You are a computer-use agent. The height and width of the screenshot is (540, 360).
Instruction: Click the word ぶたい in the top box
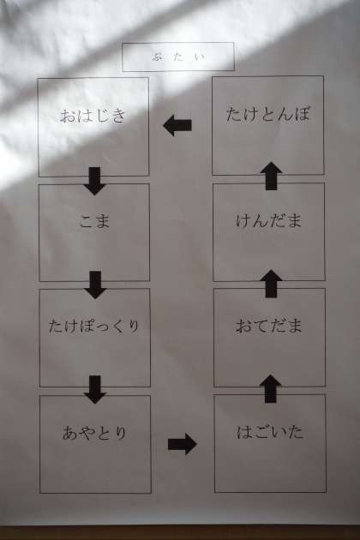[x=178, y=57]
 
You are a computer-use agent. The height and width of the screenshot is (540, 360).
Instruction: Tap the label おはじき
[x=93, y=116]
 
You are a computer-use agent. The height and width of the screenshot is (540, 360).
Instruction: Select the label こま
[x=94, y=221]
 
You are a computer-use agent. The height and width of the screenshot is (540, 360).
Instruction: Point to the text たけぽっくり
[x=93, y=326]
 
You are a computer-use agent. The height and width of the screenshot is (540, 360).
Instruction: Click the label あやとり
[x=94, y=433]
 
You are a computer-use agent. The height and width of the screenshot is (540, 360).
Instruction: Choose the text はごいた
[x=270, y=432]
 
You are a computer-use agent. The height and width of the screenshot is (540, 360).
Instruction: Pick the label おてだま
[x=269, y=326]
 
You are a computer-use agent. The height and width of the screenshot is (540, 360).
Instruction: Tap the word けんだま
[x=268, y=221]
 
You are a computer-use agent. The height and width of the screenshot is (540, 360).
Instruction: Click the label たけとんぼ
[x=268, y=114]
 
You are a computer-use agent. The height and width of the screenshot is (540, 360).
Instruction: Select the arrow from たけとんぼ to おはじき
[x=177, y=125]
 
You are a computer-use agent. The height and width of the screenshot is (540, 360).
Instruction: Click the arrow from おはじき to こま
[x=94, y=181]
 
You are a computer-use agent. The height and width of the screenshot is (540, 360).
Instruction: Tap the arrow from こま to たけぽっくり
[x=95, y=285]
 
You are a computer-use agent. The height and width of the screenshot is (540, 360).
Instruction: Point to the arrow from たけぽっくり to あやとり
[x=95, y=389]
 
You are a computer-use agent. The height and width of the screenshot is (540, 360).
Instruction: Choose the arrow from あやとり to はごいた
[x=183, y=444]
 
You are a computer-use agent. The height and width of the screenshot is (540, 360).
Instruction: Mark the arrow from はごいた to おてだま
[x=271, y=389]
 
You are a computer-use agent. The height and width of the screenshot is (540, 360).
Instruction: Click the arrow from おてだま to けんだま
[x=271, y=284]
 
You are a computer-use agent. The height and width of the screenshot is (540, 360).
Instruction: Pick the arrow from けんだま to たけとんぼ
[x=272, y=176]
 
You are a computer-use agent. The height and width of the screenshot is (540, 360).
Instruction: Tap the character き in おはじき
[x=118, y=116]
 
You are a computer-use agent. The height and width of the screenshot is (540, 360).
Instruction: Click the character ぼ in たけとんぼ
[x=302, y=114]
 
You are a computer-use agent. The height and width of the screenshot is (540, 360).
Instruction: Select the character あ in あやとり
[x=69, y=433]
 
